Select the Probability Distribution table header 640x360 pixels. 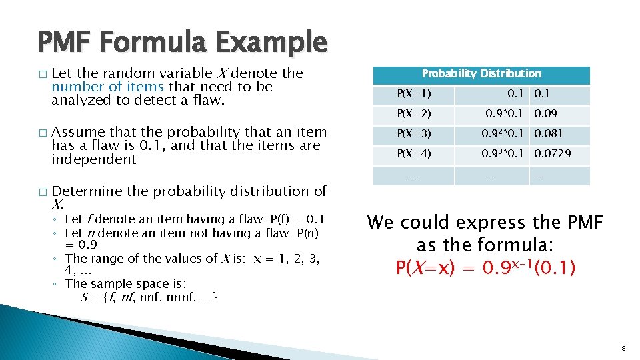pos(481,74)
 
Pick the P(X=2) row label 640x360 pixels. pos(414,115)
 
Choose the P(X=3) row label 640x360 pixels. pos(414,135)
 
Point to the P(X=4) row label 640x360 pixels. pos(414,154)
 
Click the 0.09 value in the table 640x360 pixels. pos(547,115)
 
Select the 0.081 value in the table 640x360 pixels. pos(550,135)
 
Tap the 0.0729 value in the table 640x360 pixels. pos(553,154)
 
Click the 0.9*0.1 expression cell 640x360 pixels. pos(505,115)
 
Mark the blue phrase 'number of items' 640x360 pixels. pos(107,87)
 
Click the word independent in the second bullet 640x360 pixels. pos(93,159)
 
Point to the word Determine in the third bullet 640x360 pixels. pos(87,191)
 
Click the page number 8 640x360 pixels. pos(623,349)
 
